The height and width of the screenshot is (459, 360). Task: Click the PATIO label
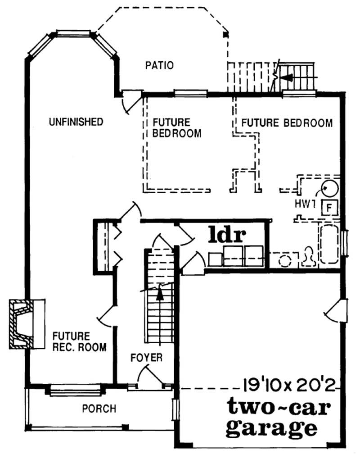159,65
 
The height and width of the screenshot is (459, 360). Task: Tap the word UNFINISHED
76,122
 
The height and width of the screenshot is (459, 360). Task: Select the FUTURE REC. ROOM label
79,342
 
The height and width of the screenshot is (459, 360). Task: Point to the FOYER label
146,358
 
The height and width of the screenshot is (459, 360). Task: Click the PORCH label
99,409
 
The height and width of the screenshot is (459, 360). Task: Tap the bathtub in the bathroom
330,245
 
